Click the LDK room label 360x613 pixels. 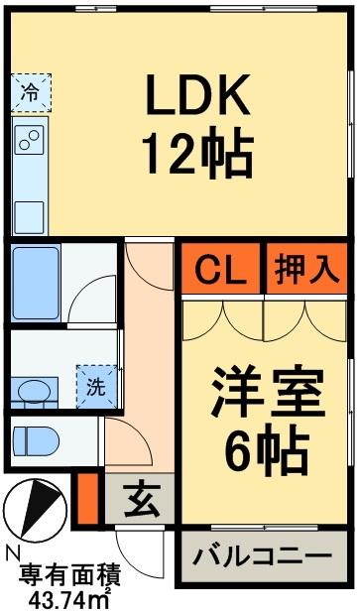(x=196, y=97)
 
